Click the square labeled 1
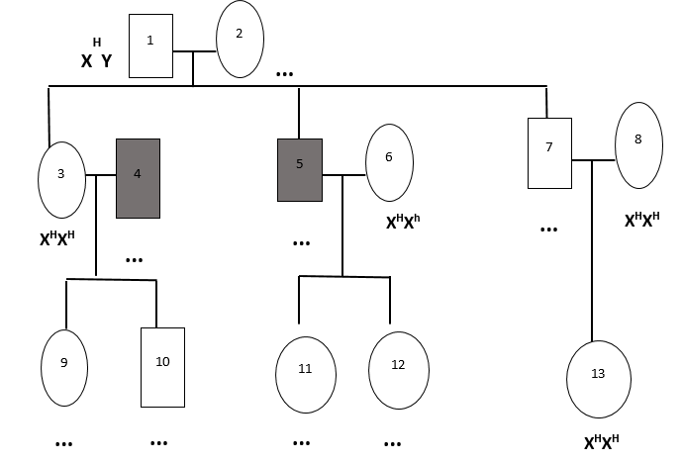point(150,46)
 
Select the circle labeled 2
point(240,40)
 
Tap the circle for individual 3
point(61,180)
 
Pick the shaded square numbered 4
point(138,179)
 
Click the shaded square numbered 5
point(300,170)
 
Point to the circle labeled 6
point(389,163)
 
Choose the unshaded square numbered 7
point(549,153)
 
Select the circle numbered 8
point(638,145)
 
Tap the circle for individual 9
point(64,368)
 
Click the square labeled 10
point(162,368)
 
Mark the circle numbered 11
point(306,375)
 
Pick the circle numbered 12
point(399,370)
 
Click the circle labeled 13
point(599,380)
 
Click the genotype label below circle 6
point(403,222)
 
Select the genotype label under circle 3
point(57,238)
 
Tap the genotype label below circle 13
point(601,442)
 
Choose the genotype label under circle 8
point(642,220)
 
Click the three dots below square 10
point(158,443)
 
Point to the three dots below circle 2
point(284,74)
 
